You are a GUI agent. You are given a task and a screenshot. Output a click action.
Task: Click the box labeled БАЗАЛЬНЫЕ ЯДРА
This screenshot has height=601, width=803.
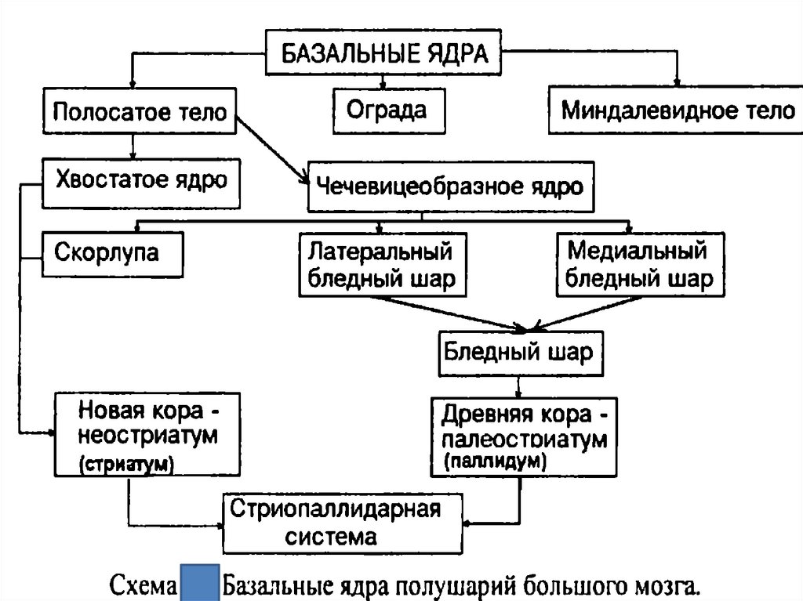click(383, 54)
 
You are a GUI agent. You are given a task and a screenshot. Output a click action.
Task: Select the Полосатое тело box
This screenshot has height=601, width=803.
click(138, 112)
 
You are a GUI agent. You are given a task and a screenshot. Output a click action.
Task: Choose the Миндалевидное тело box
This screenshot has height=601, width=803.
click(677, 110)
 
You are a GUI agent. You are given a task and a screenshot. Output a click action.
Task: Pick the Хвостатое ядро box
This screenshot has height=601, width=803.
click(140, 182)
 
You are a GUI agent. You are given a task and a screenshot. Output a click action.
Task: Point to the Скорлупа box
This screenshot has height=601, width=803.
click(112, 253)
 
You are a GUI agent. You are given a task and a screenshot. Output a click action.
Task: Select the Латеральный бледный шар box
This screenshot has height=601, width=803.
click(380, 266)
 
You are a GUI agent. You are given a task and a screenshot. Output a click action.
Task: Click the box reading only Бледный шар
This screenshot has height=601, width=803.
click(518, 353)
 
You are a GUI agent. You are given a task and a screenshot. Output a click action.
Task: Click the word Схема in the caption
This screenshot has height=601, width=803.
click(145, 585)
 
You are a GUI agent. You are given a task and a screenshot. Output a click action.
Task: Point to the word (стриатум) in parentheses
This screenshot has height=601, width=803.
click(125, 464)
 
